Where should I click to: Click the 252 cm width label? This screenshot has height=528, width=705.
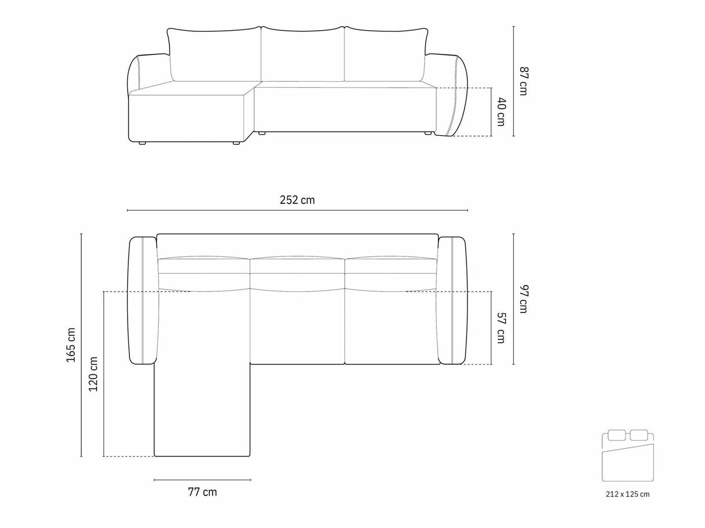[297, 200]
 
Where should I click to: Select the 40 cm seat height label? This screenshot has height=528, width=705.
[501, 111]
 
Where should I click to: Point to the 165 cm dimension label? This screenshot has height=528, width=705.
[71, 345]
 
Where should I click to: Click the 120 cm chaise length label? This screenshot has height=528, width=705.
[93, 374]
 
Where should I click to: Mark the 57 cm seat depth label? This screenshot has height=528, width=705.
[501, 327]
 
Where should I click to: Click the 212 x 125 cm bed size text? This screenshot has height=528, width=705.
[628, 503]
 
